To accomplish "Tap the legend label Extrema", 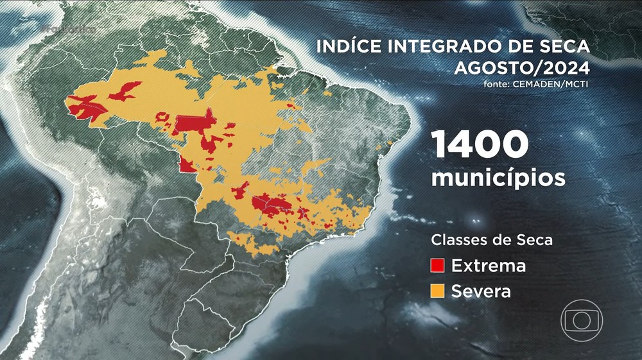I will point(488,266).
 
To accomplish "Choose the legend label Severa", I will point(481,291).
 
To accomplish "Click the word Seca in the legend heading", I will point(535,241).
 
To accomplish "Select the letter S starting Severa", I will point(456,291).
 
